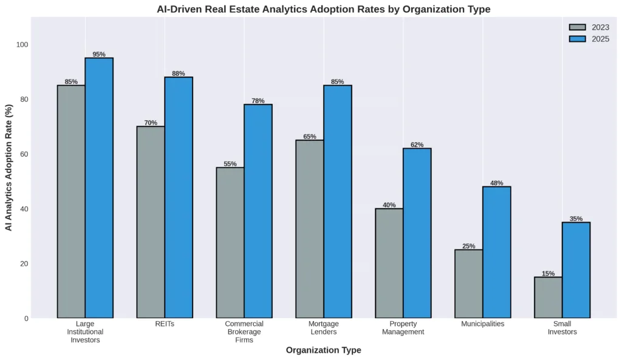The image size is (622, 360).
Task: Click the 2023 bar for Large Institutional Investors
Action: tap(71, 202)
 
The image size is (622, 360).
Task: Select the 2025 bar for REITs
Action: tap(179, 197)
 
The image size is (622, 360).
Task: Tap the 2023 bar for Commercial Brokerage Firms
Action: tap(230, 242)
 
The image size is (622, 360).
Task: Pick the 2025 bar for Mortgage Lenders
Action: tap(338, 202)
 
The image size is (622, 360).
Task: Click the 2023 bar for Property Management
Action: tap(389, 263)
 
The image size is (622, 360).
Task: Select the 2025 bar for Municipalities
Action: tap(497, 252)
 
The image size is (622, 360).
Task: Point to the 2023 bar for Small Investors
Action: tap(549, 297)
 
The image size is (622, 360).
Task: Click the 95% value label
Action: tap(99, 54)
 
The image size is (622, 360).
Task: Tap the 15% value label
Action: tap(549, 273)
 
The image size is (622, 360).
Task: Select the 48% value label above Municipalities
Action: tap(497, 183)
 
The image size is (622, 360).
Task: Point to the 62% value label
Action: tap(417, 144)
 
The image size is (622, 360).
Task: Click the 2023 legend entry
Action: tap(589, 27)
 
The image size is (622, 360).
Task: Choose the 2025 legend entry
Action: tap(589, 39)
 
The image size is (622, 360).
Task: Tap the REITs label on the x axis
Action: tap(165, 324)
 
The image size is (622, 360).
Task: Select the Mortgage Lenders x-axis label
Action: tap(324, 328)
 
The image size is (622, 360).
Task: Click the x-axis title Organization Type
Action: tap(323, 350)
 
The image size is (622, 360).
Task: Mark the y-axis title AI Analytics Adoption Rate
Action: tap(9, 167)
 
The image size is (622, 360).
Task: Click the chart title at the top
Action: tap(323, 9)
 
